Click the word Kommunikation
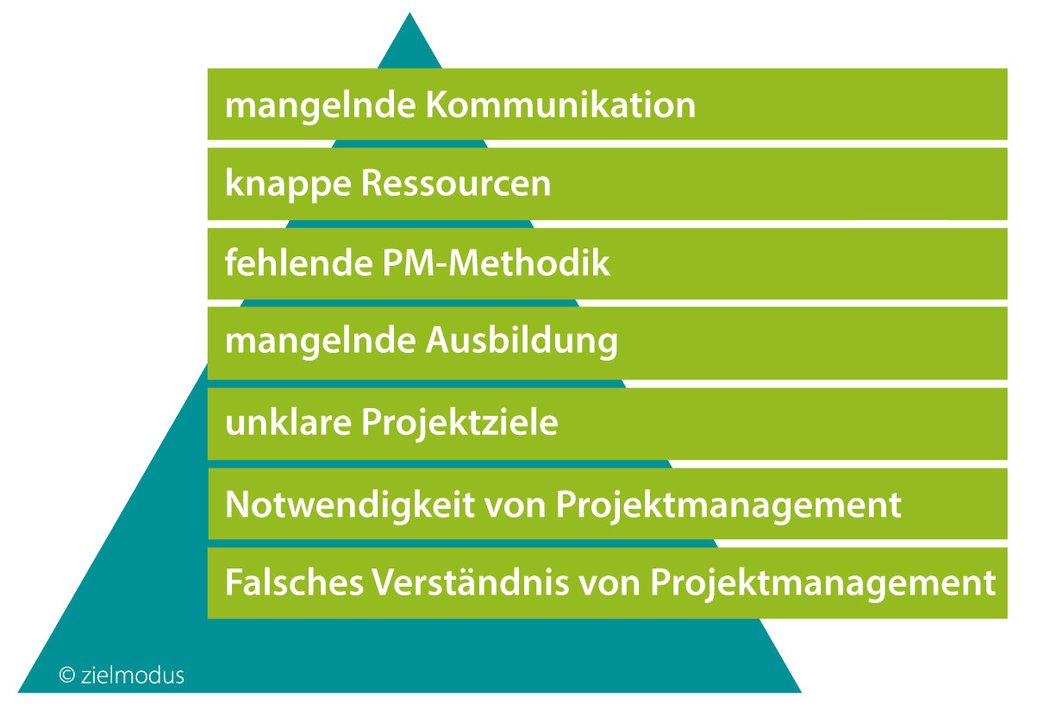[x=560, y=104]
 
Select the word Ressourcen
[x=456, y=183]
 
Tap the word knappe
[x=288, y=185]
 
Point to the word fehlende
[x=299, y=262]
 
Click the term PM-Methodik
[x=497, y=262]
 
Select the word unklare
[x=288, y=422]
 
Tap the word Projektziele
[x=460, y=424]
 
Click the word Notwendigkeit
[x=350, y=506]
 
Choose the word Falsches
[x=294, y=582]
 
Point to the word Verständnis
[x=471, y=582]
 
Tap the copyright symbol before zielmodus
[x=67, y=676]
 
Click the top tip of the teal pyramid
[x=410, y=13]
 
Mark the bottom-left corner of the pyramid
[x=18, y=693]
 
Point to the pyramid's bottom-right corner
[x=802, y=693]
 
